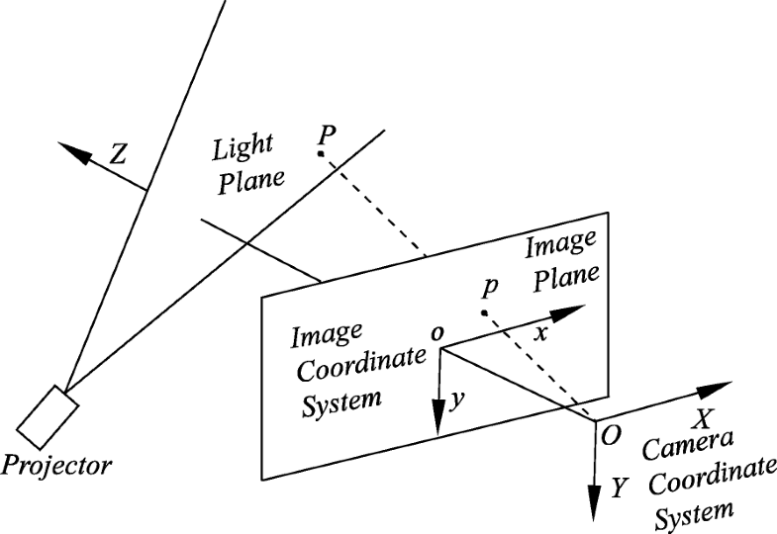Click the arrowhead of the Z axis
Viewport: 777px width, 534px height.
pos(69,150)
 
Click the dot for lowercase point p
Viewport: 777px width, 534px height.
pos(484,313)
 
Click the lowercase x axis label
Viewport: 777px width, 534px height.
pos(540,334)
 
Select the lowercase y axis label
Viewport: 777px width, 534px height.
pos(455,400)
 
